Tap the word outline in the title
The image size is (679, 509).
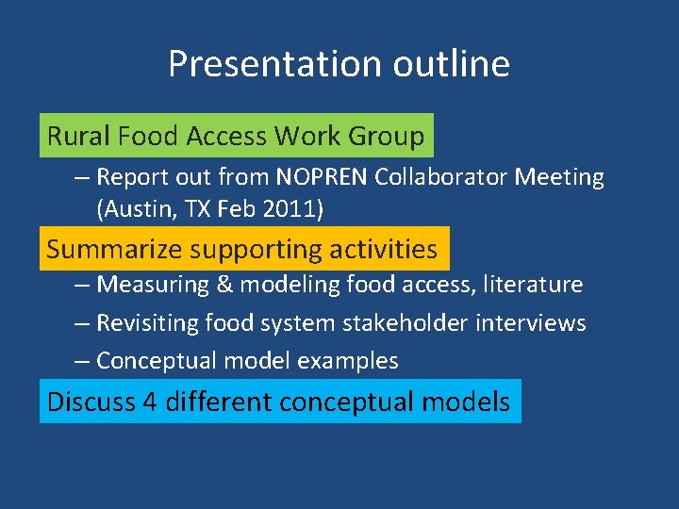coord(449,64)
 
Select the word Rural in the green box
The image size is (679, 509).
coord(78,137)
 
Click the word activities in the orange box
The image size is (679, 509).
coord(383,250)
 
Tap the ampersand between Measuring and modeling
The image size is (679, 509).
coord(209,284)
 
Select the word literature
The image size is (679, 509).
coord(534,284)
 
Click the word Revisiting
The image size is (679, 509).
coord(146,323)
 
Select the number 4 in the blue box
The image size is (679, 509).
coord(149,402)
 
